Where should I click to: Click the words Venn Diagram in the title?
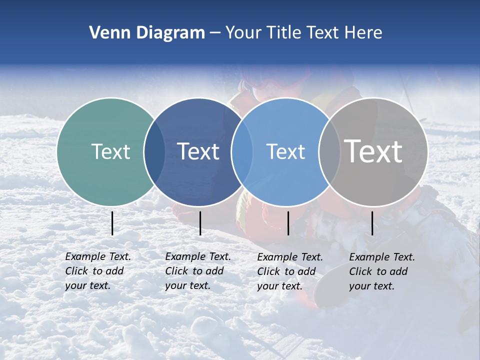point(146,33)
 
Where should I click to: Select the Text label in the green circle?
point(110,151)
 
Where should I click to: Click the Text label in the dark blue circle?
point(198,151)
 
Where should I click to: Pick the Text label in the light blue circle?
point(285,151)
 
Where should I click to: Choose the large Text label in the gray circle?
point(373,151)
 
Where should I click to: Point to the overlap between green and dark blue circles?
point(154,152)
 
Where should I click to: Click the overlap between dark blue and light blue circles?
point(242,152)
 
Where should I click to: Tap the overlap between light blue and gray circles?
point(329,152)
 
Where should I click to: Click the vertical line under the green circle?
point(112,223)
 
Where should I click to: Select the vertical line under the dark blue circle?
point(200,223)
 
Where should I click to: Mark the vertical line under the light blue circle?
point(288,223)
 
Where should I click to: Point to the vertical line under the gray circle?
point(372,223)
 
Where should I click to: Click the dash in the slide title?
point(215,33)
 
